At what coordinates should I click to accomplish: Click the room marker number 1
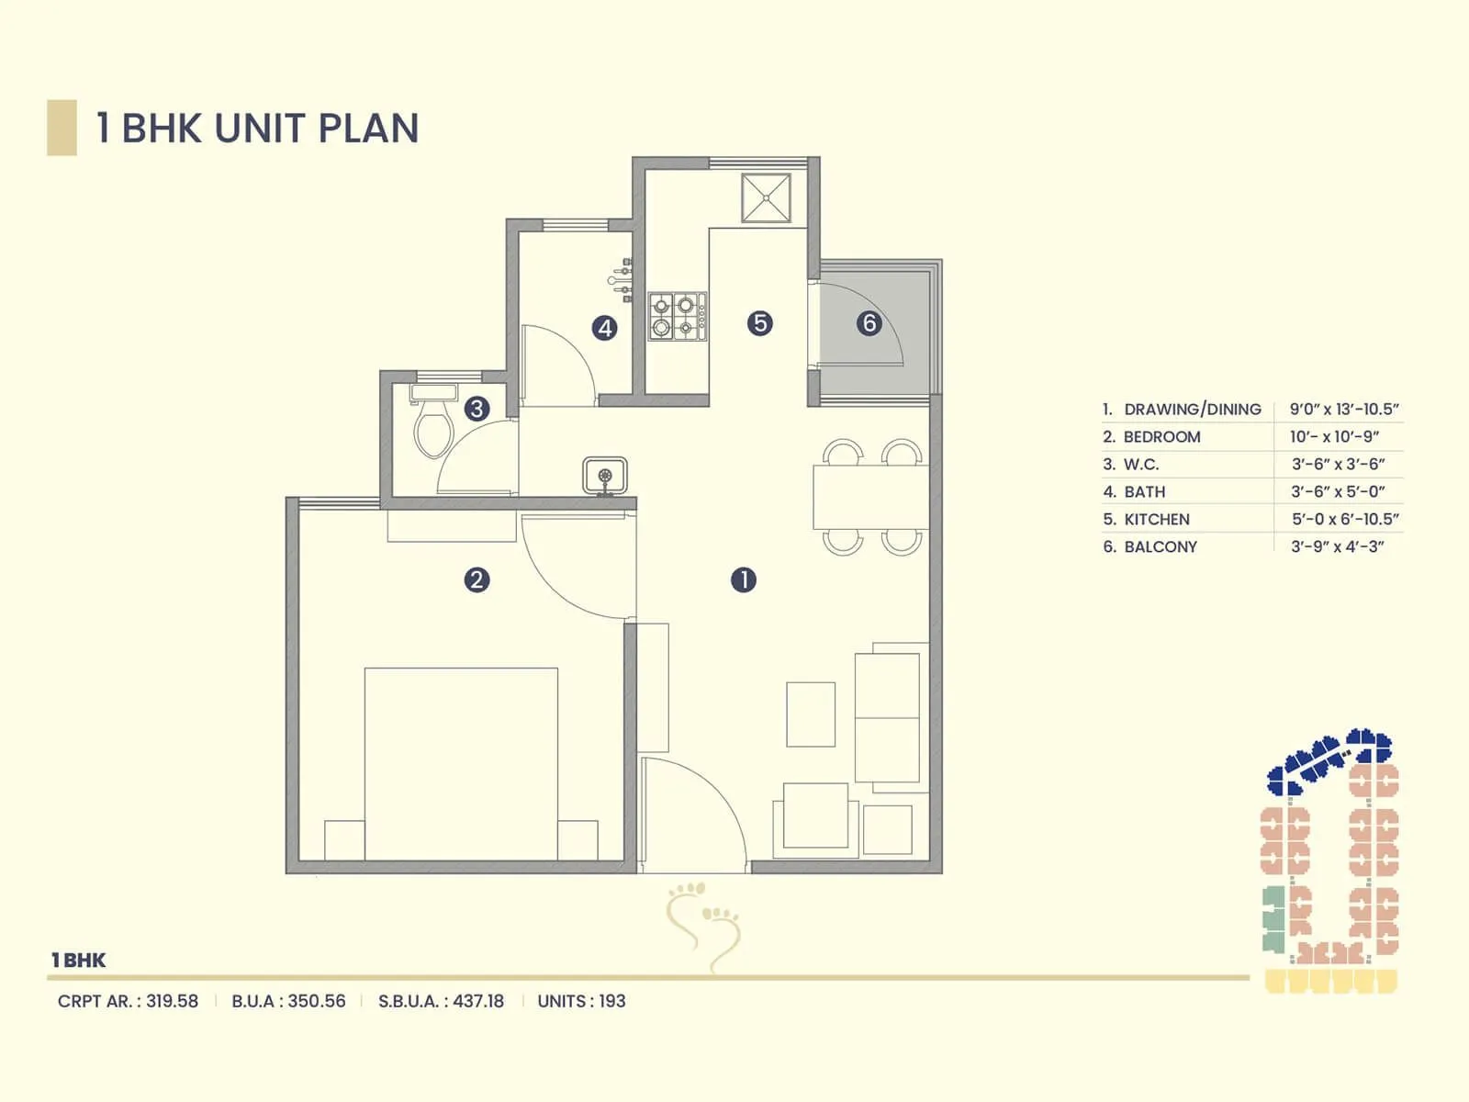(744, 579)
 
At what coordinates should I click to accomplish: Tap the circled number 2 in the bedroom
(477, 579)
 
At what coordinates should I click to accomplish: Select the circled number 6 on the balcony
(869, 323)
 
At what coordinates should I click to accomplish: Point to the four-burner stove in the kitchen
(678, 316)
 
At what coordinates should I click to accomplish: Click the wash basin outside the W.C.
(605, 476)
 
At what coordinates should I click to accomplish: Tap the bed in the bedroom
(461, 762)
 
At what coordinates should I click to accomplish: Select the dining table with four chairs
(870, 497)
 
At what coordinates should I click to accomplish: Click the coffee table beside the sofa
(811, 714)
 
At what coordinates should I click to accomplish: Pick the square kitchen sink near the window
(766, 197)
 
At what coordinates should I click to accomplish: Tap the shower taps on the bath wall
(622, 279)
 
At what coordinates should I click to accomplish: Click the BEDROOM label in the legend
(1161, 437)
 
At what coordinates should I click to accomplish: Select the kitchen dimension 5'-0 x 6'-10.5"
(1345, 519)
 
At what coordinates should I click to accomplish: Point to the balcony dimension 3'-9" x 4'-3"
(1337, 546)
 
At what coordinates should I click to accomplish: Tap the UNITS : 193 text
(581, 1001)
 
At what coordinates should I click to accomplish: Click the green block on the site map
(1273, 918)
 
